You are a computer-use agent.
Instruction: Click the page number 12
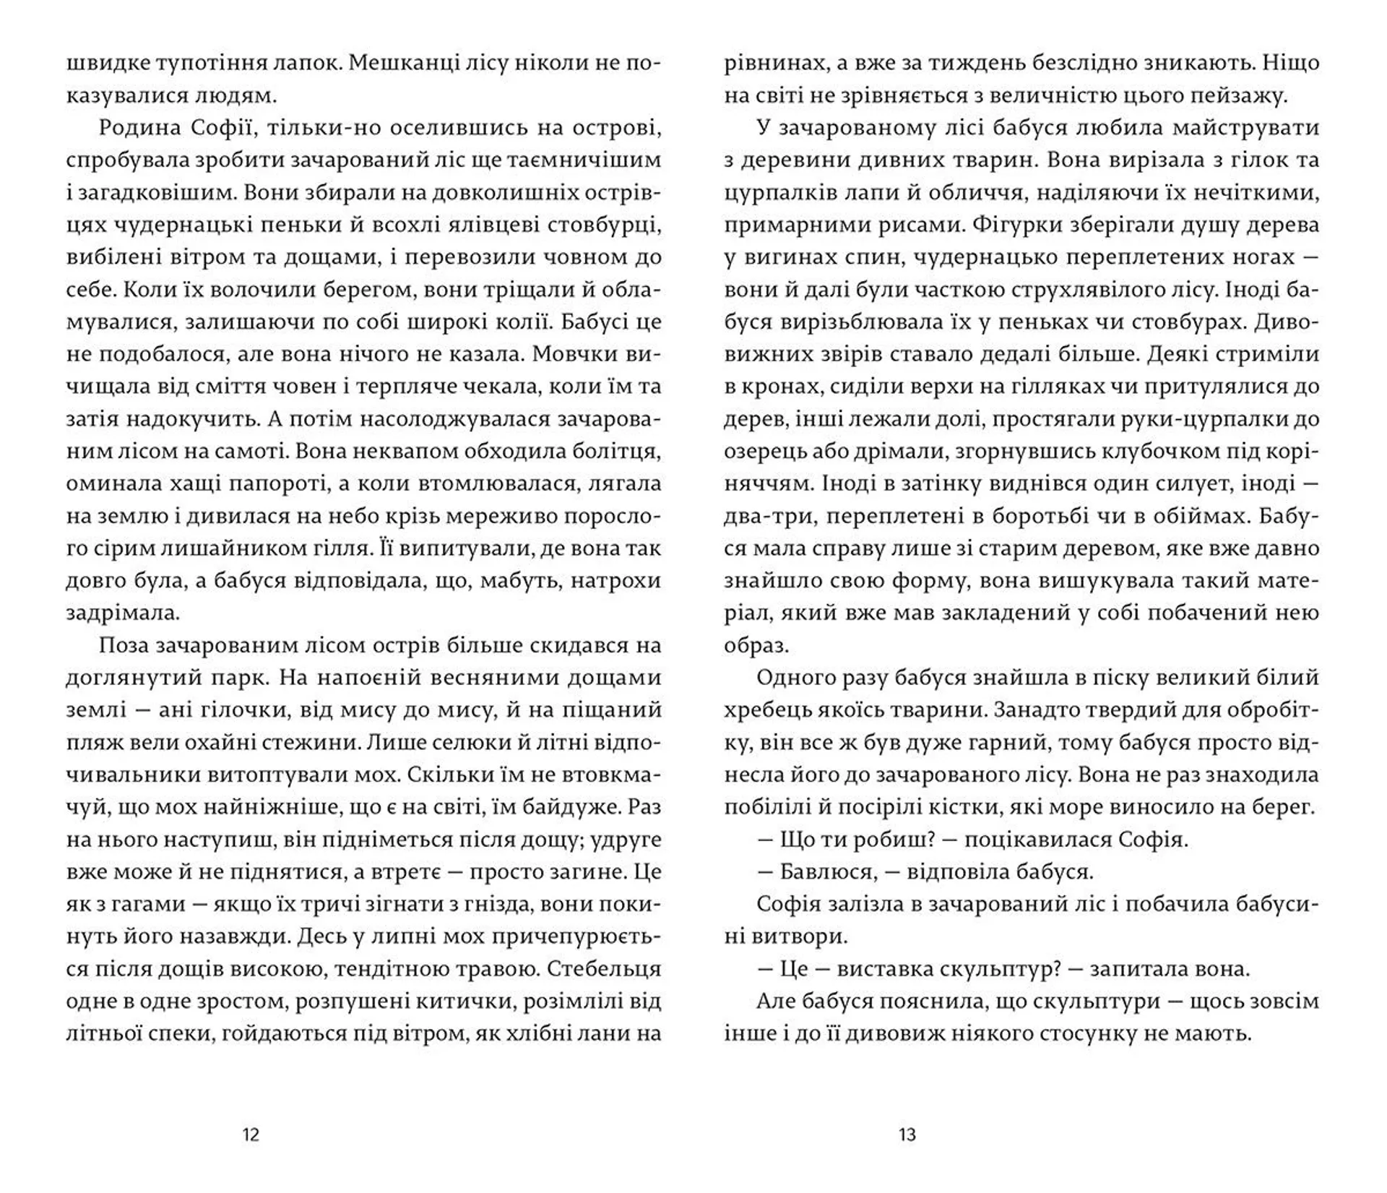[x=251, y=1134]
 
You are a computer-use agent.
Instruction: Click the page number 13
[x=907, y=1134]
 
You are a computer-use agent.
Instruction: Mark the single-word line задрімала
[x=123, y=613]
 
